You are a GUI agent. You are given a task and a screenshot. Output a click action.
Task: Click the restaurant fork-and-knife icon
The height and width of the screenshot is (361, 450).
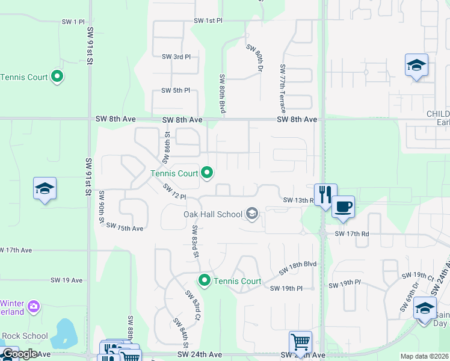pyautogui.click(x=325, y=194)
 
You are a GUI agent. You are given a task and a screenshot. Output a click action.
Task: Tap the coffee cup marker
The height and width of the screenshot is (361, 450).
pyautogui.click(x=344, y=207)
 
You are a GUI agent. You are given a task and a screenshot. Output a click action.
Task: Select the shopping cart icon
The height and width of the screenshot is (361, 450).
pyautogui.click(x=300, y=342)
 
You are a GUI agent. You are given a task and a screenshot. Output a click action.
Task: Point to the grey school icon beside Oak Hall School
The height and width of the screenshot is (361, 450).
pyautogui.click(x=253, y=214)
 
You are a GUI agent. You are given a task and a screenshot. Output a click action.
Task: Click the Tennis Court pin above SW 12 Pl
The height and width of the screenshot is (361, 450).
pyautogui.click(x=208, y=173)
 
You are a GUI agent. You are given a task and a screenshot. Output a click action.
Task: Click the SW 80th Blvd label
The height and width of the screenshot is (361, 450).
pyautogui.click(x=223, y=93)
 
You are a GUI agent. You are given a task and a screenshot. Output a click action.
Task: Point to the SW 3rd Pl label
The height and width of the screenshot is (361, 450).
pyautogui.click(x=176, y=57)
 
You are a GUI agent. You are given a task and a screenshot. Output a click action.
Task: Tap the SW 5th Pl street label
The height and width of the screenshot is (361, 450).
pyautogui.click(x=176, y=90)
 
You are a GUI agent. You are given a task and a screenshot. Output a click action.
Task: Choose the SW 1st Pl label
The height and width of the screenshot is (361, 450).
pyautogui.click(x=208, y=20)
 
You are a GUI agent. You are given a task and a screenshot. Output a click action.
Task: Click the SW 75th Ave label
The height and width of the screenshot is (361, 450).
pyautogui.click(x=125, y=227)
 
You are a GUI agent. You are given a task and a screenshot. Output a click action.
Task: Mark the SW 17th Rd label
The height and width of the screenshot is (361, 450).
pyautogui.click(x=352, y=233)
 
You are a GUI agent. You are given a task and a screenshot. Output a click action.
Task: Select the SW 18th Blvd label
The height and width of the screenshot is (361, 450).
pyautogui.click(x=297, y=268)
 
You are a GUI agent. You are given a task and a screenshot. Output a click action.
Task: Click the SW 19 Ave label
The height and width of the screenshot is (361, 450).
pyautogui.click(x=66, y=280)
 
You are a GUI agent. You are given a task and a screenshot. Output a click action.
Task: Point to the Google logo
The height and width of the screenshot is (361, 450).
pyautogui.click(x=20, y=354)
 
